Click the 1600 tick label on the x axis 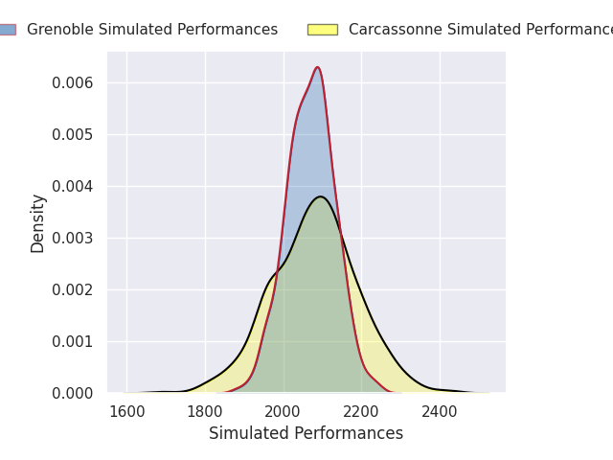coord(126,412)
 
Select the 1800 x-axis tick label coord(205,412)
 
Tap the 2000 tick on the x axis coord(284,412)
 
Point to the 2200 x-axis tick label coord(361,412)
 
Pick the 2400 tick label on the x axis coord(440,412)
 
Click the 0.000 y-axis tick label coord(72,393)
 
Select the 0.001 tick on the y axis coord(72,341)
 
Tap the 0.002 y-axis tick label coord(72,289)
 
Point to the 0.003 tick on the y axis coord(72,238)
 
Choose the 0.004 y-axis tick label coord(72,186)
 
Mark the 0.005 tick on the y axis coord(72,134)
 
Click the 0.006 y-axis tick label coord(72,82)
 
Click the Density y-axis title coord(38,223)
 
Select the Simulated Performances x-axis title coord(306,434)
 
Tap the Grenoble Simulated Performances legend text coord(152,30)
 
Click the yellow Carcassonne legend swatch coord(322,30)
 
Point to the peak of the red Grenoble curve coord(317,67)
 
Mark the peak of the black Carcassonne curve coord(321,196)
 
